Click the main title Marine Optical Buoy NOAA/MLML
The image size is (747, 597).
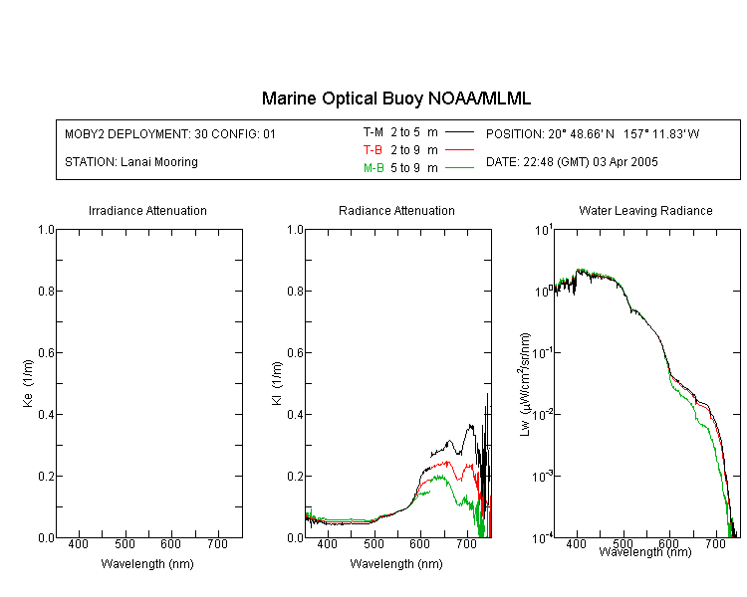click(395, 99)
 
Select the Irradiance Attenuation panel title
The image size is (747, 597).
click(147, 210)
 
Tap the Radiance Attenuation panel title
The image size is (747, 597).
click(396, 210)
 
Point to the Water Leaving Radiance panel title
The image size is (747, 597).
click(645, 210)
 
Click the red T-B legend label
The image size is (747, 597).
click(373, 150)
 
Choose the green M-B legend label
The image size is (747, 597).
click(373, 167)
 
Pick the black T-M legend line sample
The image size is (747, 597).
click(459, 132)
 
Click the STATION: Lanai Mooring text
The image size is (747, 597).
click(131, 162)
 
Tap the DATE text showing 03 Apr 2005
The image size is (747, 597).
click(572, 162)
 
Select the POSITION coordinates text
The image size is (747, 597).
click(593, 133)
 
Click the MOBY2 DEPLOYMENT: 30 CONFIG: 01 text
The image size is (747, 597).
click(170, 133)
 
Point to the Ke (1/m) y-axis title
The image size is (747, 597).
click(28, 383)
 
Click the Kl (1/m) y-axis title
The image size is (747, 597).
click(277, 383)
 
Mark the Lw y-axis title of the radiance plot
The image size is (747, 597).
click(525, 384)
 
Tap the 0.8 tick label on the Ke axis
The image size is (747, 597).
click(47, 291)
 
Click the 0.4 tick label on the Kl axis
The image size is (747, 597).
click(296, 414)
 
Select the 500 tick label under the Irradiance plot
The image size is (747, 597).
click(124, 544)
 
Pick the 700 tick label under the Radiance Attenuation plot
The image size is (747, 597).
click(467, 544)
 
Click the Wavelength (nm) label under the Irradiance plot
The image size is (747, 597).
click(147, 564)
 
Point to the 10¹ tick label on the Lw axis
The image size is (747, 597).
click(544, 231)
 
